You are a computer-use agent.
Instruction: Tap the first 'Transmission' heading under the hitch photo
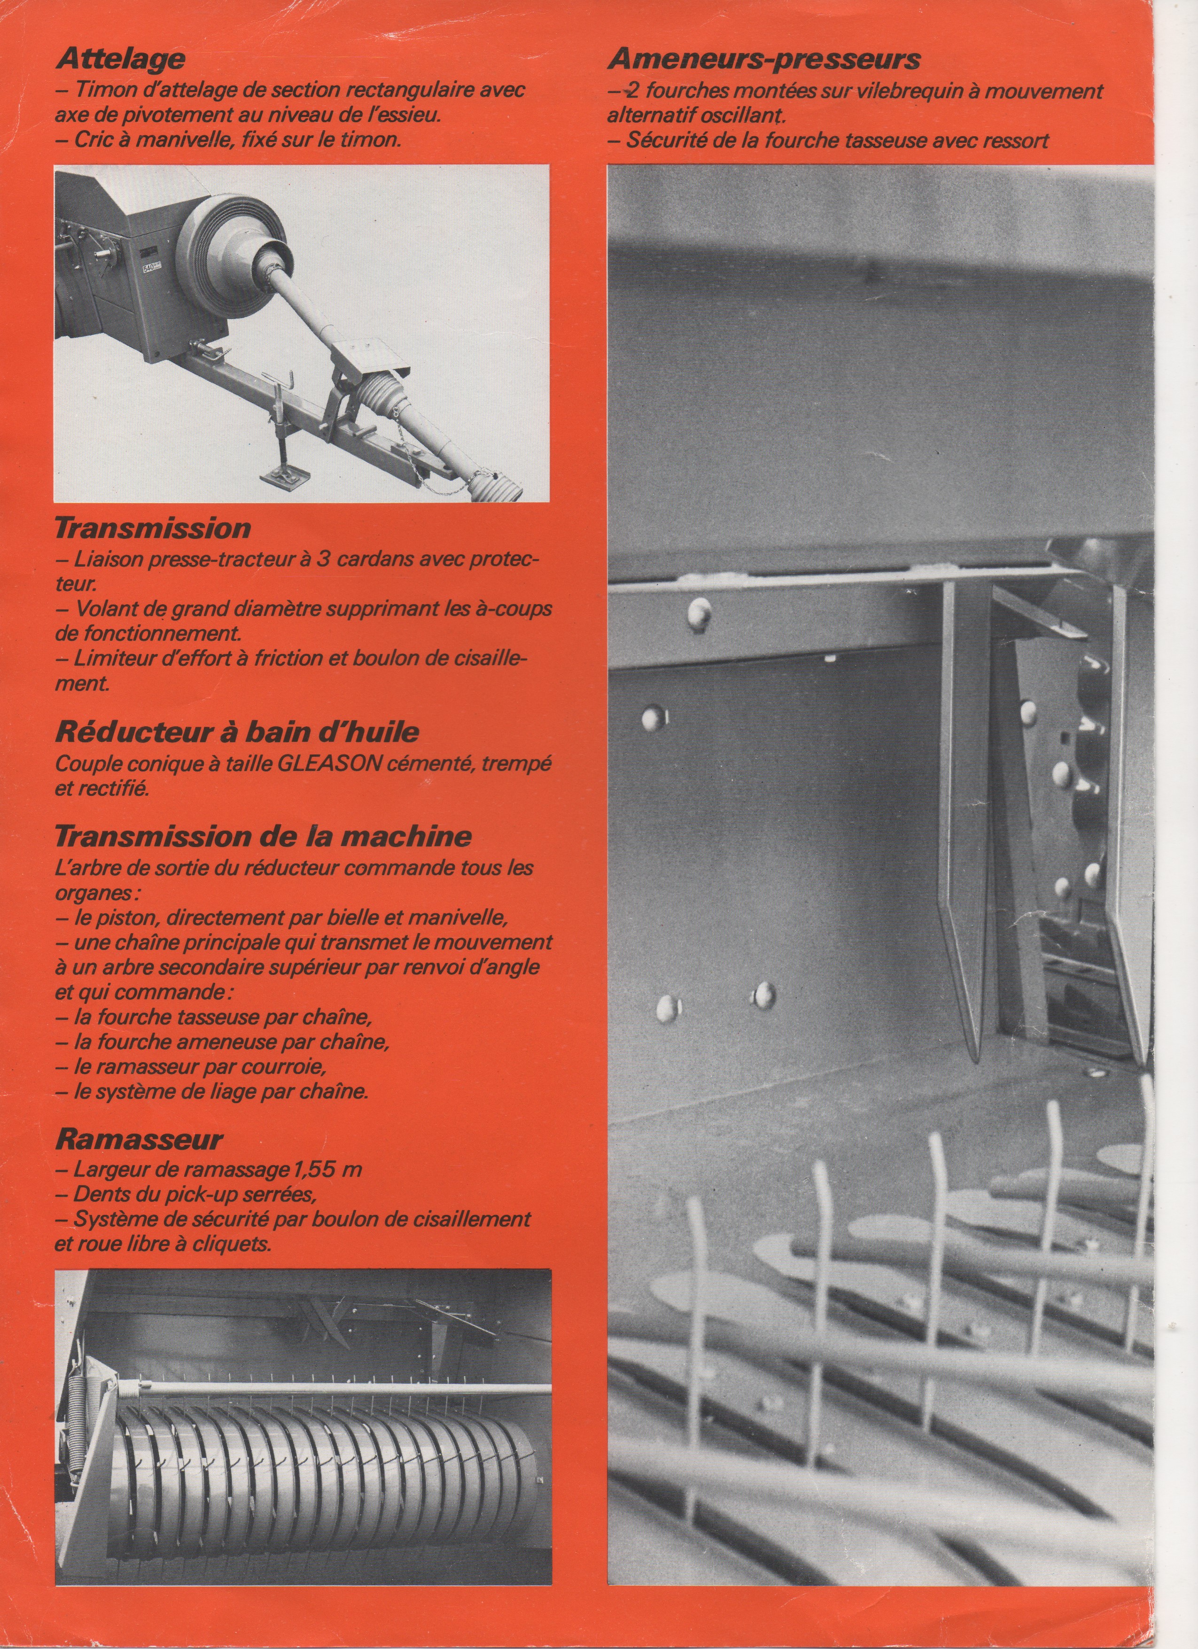click(x=153, y=528)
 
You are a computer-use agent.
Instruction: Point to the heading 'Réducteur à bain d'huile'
click(x=237, y=731)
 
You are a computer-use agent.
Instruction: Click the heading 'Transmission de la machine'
click(x=263, y=836)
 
